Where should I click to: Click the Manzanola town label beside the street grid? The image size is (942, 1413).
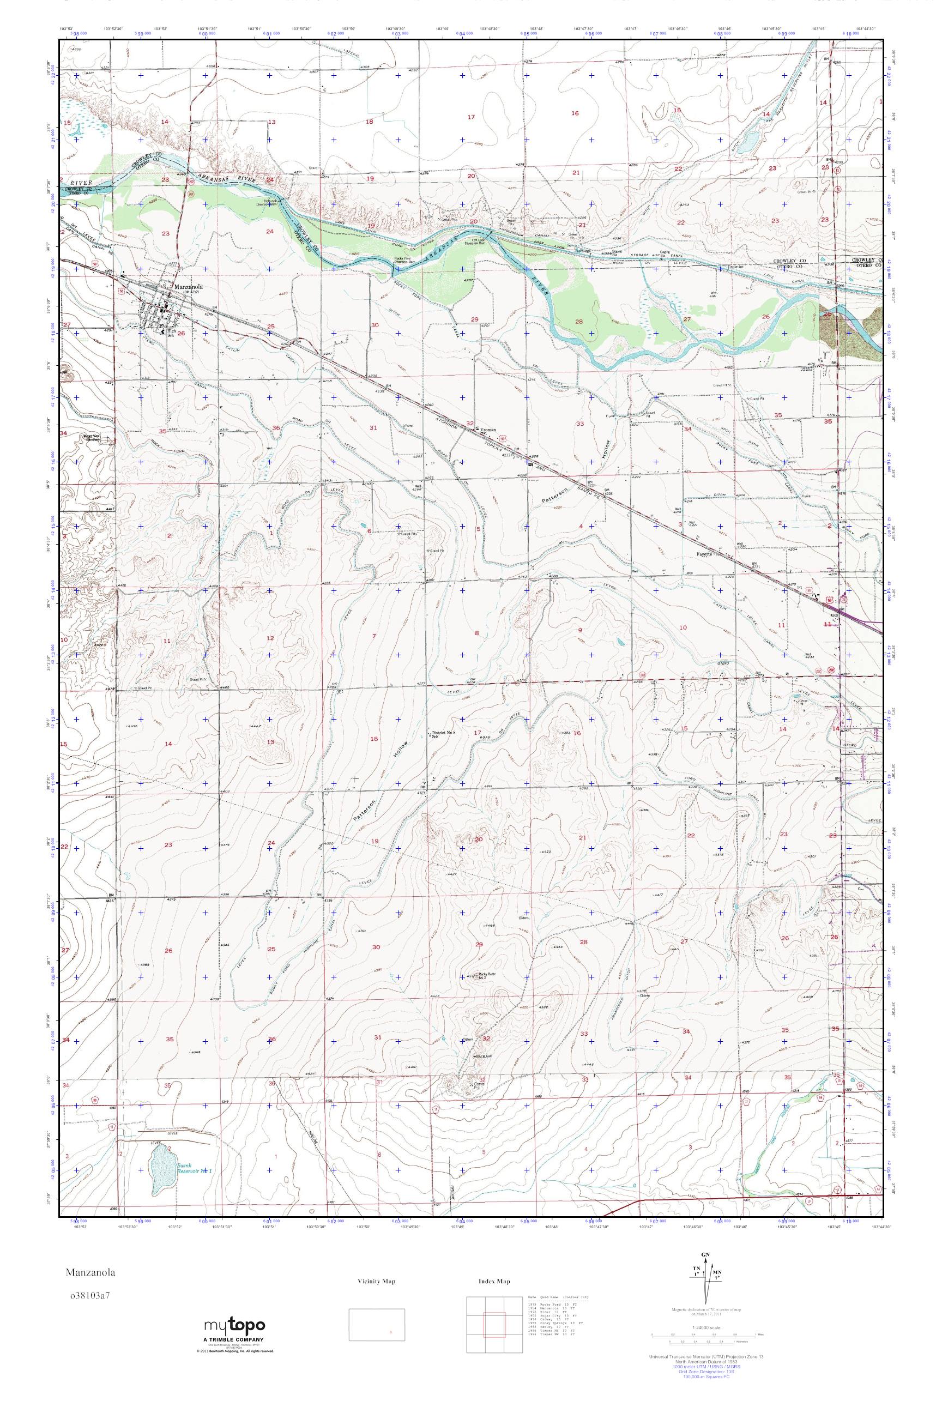pos(188,287)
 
